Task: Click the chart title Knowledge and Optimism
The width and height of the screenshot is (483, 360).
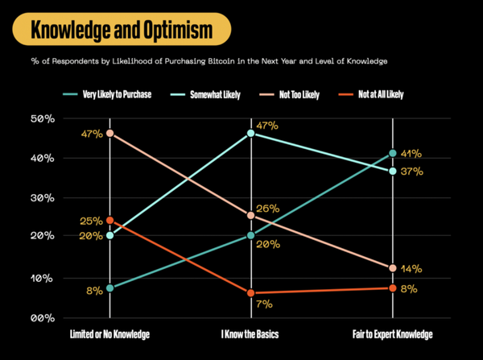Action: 122,31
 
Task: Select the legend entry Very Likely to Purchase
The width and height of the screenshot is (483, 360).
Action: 117,94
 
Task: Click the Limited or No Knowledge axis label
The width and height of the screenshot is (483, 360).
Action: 109,333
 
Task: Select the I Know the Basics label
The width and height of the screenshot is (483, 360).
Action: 250,333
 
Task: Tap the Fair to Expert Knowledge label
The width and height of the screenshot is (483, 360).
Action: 392,333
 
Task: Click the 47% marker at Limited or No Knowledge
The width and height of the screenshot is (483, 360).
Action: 109,133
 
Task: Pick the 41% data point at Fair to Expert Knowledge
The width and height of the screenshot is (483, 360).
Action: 392,153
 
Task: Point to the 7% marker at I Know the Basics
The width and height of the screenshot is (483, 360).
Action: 250,293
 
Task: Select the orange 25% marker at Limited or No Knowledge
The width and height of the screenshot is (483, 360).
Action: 109,221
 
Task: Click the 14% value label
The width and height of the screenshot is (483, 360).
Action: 411,269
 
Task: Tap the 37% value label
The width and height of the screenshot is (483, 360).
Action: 411,172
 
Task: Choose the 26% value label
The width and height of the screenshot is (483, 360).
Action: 267,209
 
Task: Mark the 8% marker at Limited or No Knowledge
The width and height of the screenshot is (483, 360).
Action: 109,288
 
